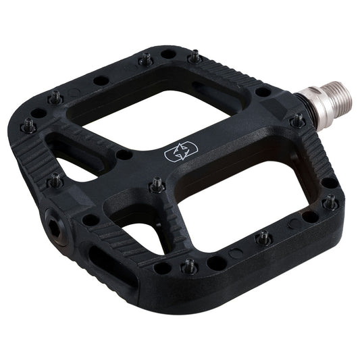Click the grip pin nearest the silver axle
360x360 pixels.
(297, 122)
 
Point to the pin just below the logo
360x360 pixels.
(157, 183)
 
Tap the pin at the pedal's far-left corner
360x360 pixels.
(29, 126)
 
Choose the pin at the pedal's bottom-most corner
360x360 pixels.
(190, 267)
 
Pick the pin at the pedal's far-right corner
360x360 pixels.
(330, 201)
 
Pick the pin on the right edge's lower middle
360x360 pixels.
(264, 238)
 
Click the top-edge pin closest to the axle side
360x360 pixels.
(195, 58)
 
